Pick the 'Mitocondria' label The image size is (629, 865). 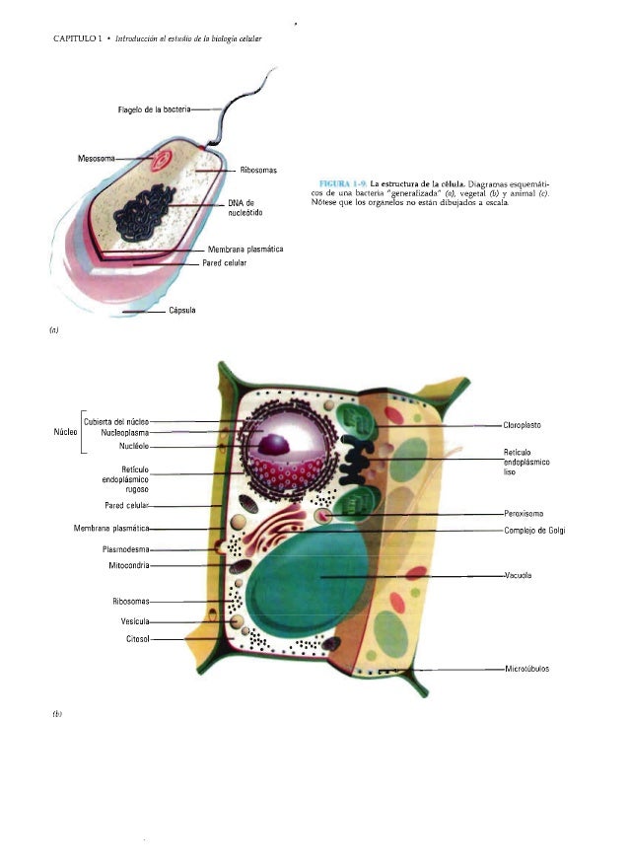(128, 565)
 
